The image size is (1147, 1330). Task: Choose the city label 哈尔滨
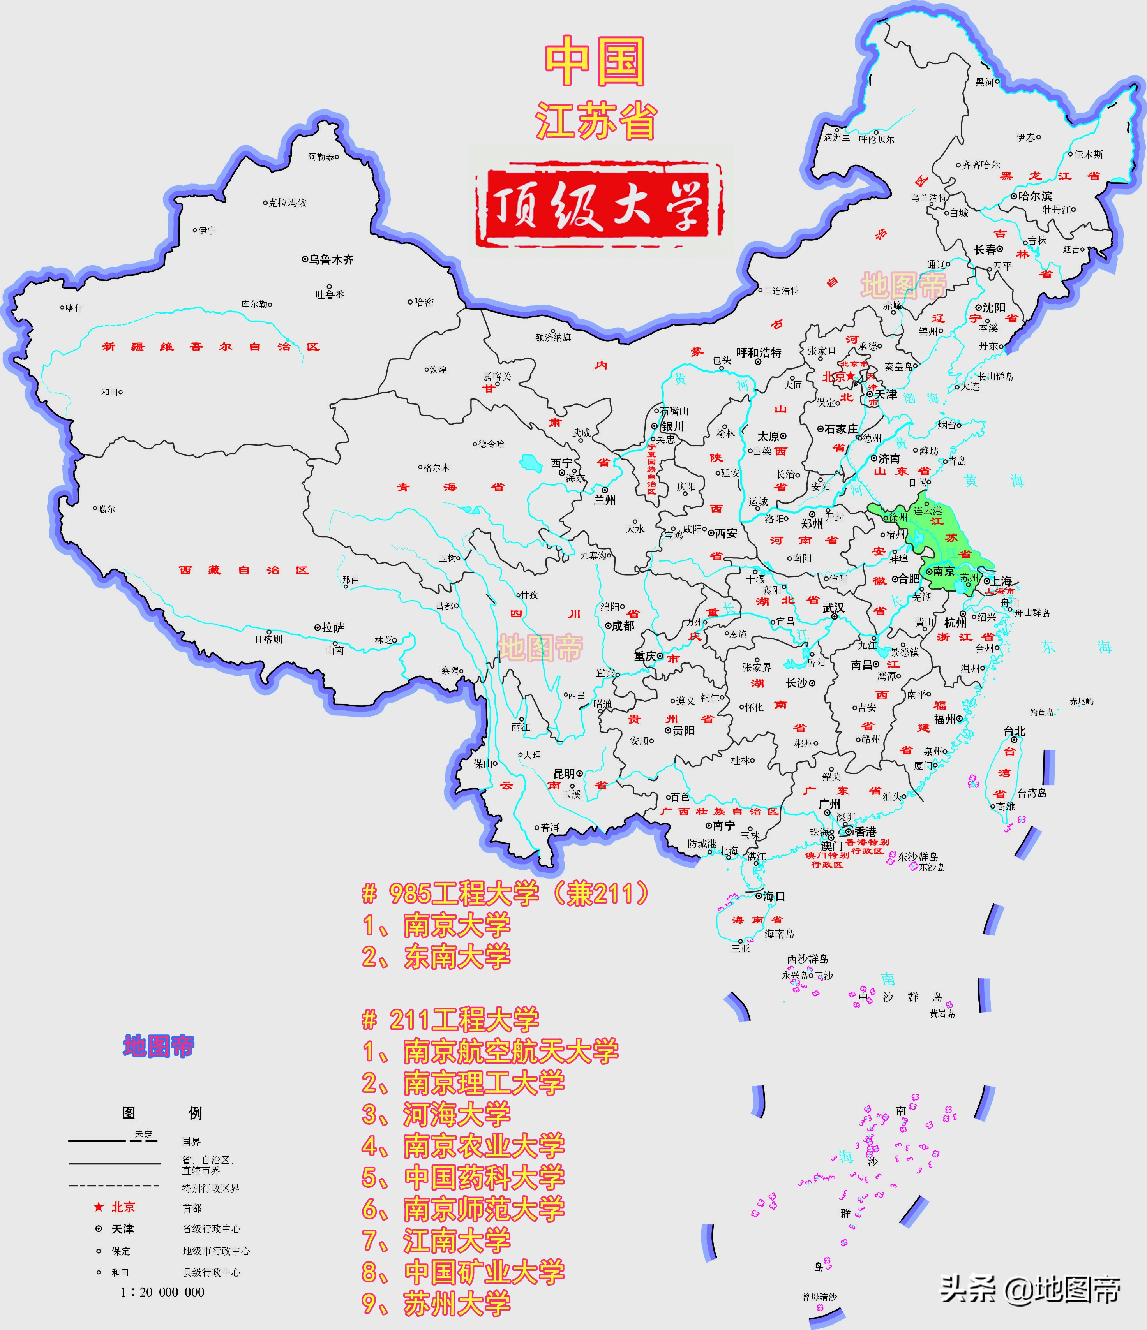pyautogui.click(x=1035, y=196)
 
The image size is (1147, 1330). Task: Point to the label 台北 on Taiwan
pyautogui.click(x=1015, y=731)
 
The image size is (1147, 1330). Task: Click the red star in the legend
pyautogui.click(x=98, y=1207)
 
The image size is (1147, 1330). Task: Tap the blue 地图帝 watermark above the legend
pyautogui.click(x=159, y=1047)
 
